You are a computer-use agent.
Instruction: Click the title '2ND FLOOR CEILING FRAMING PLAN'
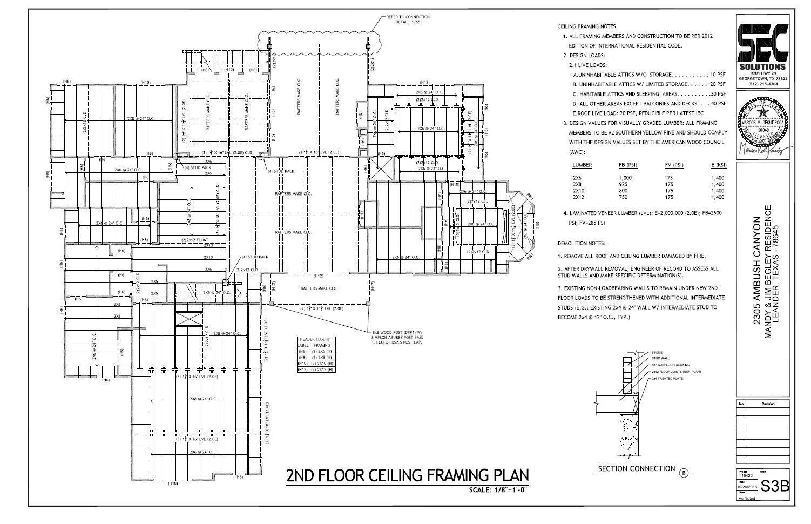click(407, 475)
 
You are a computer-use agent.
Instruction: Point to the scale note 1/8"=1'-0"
click(497, 490)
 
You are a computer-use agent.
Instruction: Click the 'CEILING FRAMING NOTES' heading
click(586, 26)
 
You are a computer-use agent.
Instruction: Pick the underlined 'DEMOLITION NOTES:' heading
click(582, 244)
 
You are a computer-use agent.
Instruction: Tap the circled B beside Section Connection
click(684, 474)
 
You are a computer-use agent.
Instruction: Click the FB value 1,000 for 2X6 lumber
click(625, 178)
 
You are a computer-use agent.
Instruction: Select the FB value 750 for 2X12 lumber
click(624, 197)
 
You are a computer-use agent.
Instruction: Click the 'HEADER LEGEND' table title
click(315, 339)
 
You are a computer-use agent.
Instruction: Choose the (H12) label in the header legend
click(303, 370)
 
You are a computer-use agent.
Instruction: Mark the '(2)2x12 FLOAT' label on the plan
click(194, 240)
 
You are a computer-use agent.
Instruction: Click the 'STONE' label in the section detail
click(657, 353)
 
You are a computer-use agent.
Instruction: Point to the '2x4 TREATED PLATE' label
click(667, 379)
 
